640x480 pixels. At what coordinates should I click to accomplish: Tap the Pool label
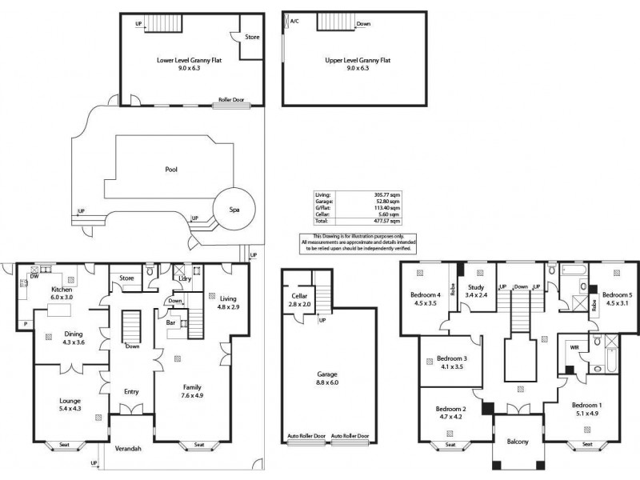coord(170,170)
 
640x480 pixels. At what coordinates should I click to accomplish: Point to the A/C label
coord(295,22)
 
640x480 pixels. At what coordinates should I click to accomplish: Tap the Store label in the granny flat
coord(252,36)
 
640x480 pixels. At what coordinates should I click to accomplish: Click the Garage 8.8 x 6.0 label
coord(326,378)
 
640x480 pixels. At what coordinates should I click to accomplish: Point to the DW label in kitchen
coord(34,276)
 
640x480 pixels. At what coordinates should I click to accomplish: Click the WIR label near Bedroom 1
coord(574,347)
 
